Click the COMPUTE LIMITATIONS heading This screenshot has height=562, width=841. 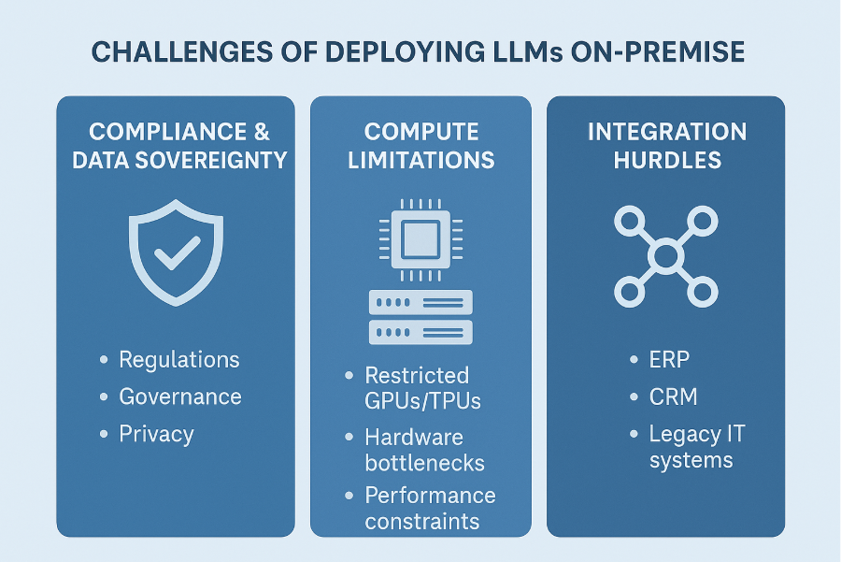tap(420, 146)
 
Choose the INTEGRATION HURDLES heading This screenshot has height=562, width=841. tap(666, 146)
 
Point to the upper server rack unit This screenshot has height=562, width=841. tap(420, 301)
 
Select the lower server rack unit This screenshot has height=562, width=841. tap(420, 332)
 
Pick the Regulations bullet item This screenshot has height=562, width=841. tap(178, 360)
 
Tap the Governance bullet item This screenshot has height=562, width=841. tap(179, 396)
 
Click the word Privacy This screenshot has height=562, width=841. tap(156, 434)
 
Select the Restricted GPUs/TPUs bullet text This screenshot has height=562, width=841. tap(417, 388)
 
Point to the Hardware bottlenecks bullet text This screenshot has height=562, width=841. tap(424, 450)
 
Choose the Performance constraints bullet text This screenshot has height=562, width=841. tap(430, 508)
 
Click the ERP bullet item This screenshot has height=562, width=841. tap(669, 360)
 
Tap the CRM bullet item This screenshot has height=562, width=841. tap(673, 396)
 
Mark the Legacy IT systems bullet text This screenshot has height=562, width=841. tap(696, 447)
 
